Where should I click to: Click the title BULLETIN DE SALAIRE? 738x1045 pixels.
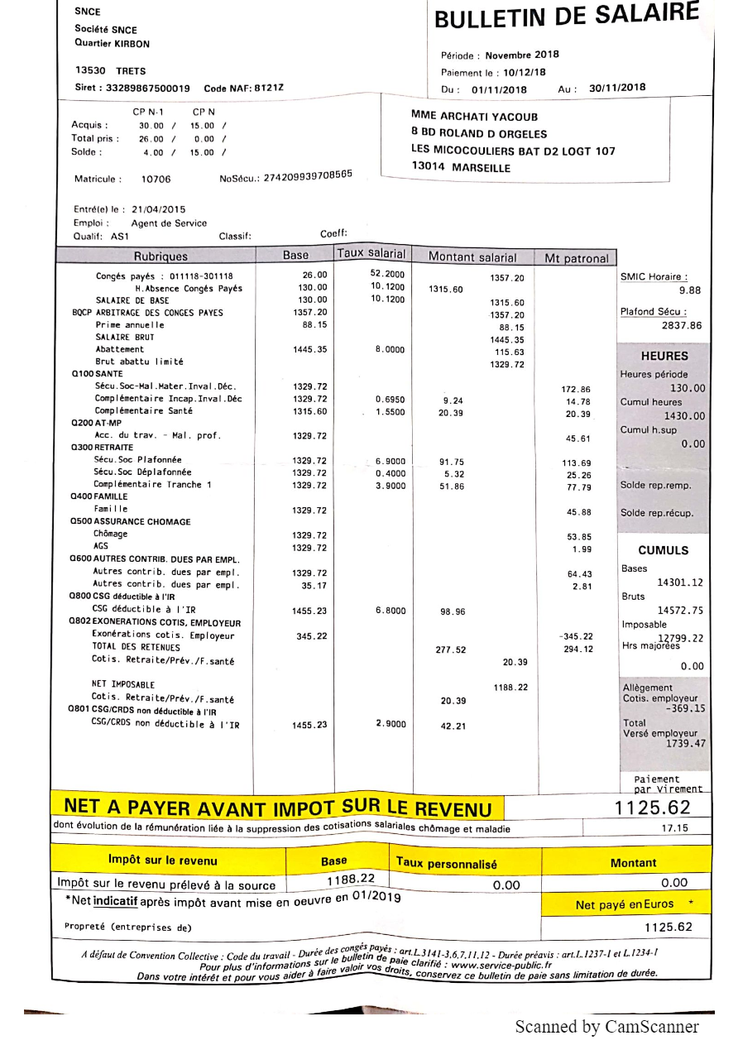[566, 17]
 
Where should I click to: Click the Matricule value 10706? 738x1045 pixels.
[156, 179]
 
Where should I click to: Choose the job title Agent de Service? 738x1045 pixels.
[169, 223]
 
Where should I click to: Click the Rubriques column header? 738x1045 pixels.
[161, 256]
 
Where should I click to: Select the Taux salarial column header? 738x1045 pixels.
[371, 254]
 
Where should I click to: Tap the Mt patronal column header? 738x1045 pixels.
[576, 258]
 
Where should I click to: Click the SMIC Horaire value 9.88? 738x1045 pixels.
[689, 290]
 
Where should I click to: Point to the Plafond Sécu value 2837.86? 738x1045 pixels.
[682, 326]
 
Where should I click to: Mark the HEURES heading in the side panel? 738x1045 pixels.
[664, 357]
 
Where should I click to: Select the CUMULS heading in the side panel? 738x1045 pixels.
[663, 550]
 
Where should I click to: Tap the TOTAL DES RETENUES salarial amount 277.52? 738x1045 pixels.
[450, 650]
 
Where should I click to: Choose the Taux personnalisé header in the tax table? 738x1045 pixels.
[447, 864]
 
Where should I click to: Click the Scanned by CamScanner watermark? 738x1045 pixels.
[606, 1027]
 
